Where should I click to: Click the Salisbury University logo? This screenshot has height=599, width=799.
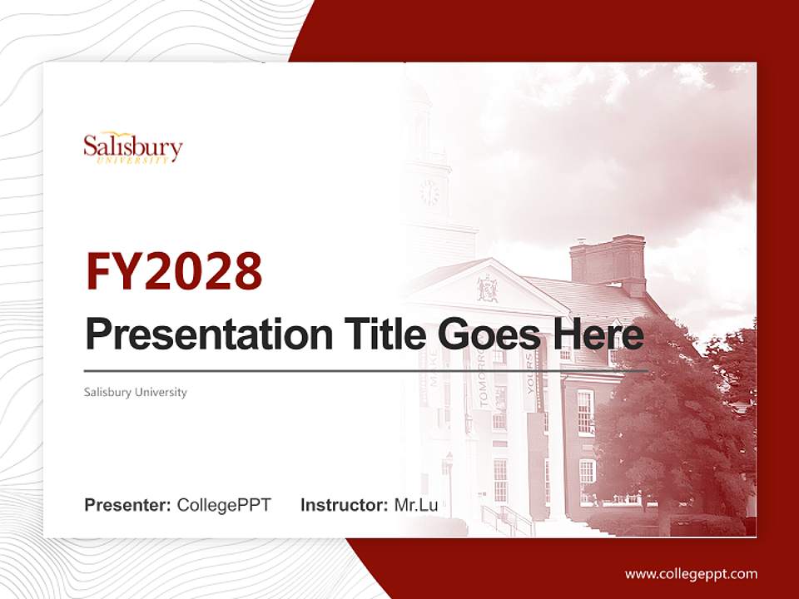tap(132, 148)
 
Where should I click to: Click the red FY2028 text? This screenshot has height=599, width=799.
tap(174, 270)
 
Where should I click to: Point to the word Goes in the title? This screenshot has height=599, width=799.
tap(486, 334)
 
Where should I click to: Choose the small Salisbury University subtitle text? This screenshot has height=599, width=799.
tap(136, 392)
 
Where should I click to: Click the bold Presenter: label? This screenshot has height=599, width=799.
tap(128, 505)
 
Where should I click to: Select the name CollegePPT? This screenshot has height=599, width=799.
tap(224, 505)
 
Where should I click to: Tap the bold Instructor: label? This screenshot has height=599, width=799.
tap(344, 505)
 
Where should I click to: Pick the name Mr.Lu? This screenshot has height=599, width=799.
tap(415, 505)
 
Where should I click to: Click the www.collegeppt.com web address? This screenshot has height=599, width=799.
tap(691, 573)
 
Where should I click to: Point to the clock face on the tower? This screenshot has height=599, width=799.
tap(429, 193)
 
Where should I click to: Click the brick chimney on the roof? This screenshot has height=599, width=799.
tap(608, 260)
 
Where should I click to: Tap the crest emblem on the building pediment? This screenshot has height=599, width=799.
tap(487, 289)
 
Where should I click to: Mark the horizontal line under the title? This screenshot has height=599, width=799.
tap(366, 370)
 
